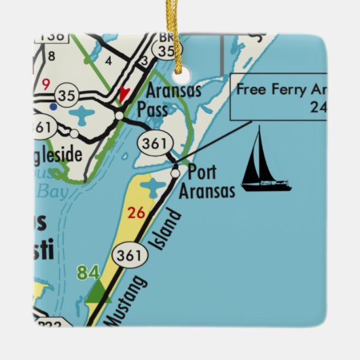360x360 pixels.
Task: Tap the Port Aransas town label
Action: [x=206, y=181]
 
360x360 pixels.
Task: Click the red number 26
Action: [x=137, y=213]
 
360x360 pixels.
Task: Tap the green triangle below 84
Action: [x=98, y=293]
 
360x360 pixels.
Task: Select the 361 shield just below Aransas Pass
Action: [x=150, y=143]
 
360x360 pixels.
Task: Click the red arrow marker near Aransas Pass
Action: [x=123, y=94]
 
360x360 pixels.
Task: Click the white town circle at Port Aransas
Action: [x=176, y=174]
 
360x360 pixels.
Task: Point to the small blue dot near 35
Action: [x=53, y=107]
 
